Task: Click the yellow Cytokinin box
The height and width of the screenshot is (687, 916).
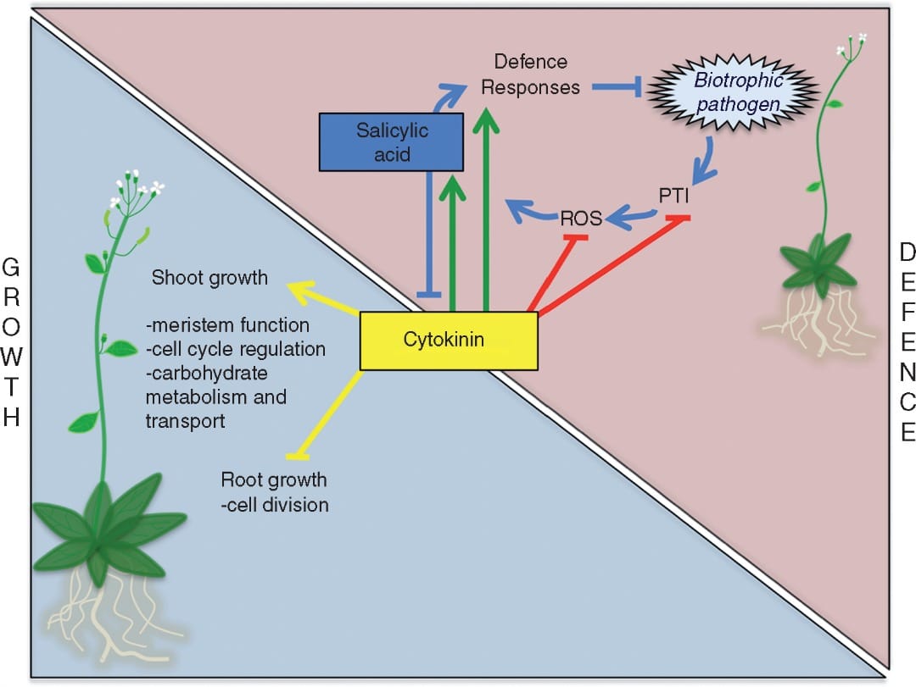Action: tap(449, 341)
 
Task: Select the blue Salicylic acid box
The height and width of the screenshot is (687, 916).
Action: tap(392, 141)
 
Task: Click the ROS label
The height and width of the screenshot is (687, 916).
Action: tap(581, 219)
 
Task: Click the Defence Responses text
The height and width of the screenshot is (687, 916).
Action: tap(531, 75)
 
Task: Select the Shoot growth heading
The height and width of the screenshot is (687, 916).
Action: tap(209, 278)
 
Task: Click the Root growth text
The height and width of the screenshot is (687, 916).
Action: tap(273, 479)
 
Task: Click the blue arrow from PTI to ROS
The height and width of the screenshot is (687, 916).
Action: tap(633, 219)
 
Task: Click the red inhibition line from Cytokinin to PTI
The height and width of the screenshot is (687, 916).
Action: tap(612, 267)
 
